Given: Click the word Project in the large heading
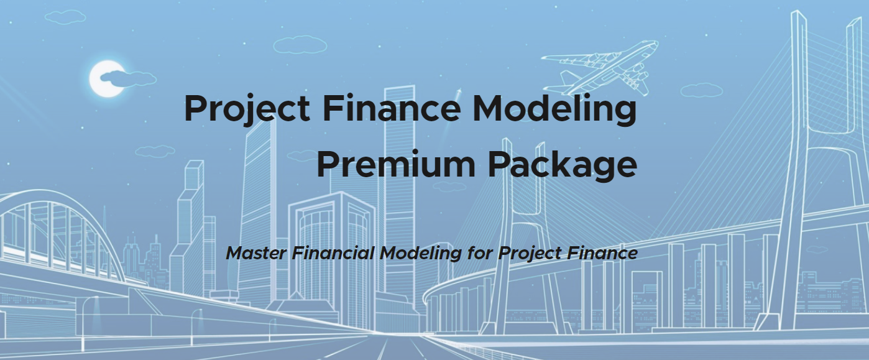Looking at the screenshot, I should point(247,109).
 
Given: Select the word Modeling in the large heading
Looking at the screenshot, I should point(554,109).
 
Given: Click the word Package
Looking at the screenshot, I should point(562,165).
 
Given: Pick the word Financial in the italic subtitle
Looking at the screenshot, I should point(333,253).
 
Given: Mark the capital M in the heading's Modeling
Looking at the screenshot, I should point(489,109).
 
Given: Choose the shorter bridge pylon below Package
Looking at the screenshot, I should point(516,236).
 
